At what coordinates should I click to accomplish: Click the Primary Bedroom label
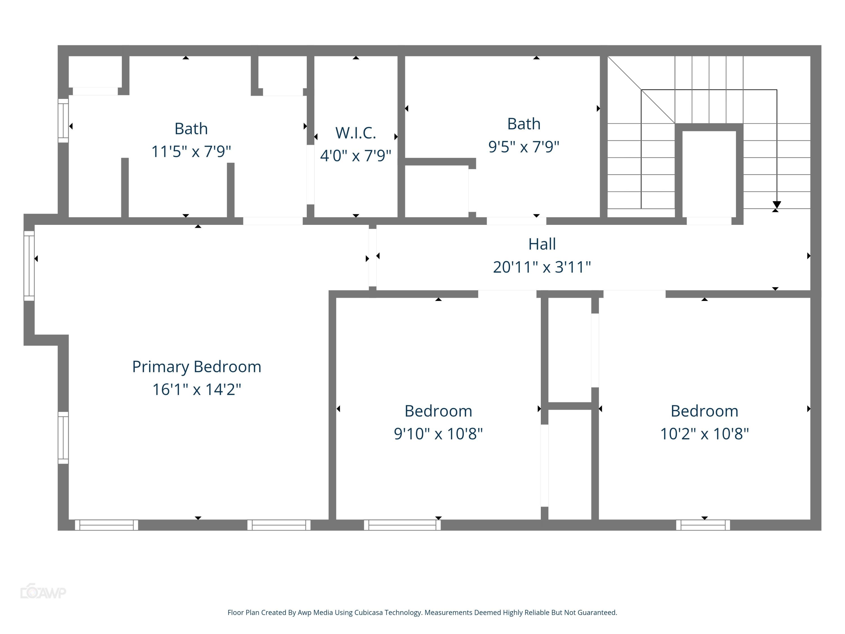[196, 367]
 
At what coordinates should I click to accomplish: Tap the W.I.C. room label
[356, 133]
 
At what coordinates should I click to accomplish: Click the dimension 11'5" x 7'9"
[191, 152]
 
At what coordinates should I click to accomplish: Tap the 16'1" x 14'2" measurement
[196, 390]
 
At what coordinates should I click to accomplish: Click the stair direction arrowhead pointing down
[777, 205]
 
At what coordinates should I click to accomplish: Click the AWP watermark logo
[43, 592]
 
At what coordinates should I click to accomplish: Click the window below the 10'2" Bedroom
[703, 525]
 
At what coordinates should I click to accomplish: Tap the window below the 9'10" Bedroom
[402, 525]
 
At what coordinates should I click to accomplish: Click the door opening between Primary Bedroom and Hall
[372, 257]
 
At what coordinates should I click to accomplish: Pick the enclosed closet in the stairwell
[709, 174]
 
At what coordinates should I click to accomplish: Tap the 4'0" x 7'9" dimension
[356, 156]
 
